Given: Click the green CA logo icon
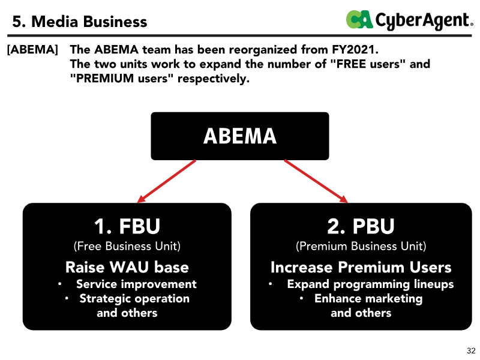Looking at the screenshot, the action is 359,19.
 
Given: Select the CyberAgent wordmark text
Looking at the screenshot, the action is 424,21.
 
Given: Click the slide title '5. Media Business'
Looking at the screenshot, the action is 80,22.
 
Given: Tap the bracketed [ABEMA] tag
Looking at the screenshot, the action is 32,50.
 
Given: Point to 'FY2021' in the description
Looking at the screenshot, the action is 355,49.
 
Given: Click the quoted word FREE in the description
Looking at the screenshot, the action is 351,64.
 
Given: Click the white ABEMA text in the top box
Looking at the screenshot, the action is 240,136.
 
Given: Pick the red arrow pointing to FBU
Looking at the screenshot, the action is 166,181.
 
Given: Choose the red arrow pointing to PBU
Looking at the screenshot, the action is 316,181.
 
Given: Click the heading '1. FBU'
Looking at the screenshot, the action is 127,226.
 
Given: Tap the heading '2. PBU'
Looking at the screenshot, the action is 361,226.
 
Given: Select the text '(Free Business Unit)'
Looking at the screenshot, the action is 127,246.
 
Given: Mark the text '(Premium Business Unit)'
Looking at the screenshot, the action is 361,246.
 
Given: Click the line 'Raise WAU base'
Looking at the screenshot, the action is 127,267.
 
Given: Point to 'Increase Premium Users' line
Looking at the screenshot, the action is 361,267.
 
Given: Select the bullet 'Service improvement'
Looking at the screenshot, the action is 136,284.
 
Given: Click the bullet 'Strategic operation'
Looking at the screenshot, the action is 134,298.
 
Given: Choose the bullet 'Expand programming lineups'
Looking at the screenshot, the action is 370,284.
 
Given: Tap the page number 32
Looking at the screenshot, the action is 471,350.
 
